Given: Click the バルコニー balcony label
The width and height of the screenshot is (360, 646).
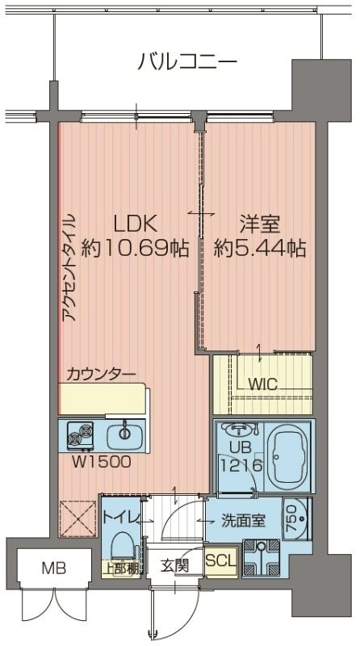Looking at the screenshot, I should [x=187, y=61].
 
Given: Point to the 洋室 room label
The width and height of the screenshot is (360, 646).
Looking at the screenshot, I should [x=259, y=223].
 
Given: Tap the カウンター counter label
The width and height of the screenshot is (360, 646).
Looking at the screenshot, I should [x=101, y=373].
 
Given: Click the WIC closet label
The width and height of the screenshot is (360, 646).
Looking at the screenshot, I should [x=263, y=384].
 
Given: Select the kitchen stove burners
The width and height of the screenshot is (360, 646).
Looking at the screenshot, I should [x=81, y=437].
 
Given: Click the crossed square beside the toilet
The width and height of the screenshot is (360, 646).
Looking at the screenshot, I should [x=79, y=518].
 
